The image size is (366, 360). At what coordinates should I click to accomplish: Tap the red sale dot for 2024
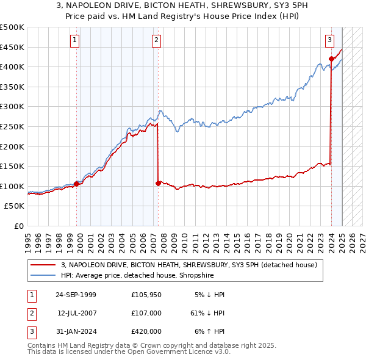(x=331, y=59)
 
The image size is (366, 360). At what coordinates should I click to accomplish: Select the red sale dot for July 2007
(x=158, y=183)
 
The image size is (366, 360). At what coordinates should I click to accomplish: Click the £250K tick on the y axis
(x=12, y=126)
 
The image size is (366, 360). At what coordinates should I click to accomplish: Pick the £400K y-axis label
(x=12, y=67)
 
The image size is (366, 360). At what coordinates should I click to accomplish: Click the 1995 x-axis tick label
(x=27, y=238)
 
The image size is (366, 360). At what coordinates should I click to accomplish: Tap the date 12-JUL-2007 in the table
(x=77, y=313)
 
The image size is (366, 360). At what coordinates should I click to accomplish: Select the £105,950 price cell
(x=146, y=295)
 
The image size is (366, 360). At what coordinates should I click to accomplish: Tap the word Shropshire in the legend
(x=198, y=275)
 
